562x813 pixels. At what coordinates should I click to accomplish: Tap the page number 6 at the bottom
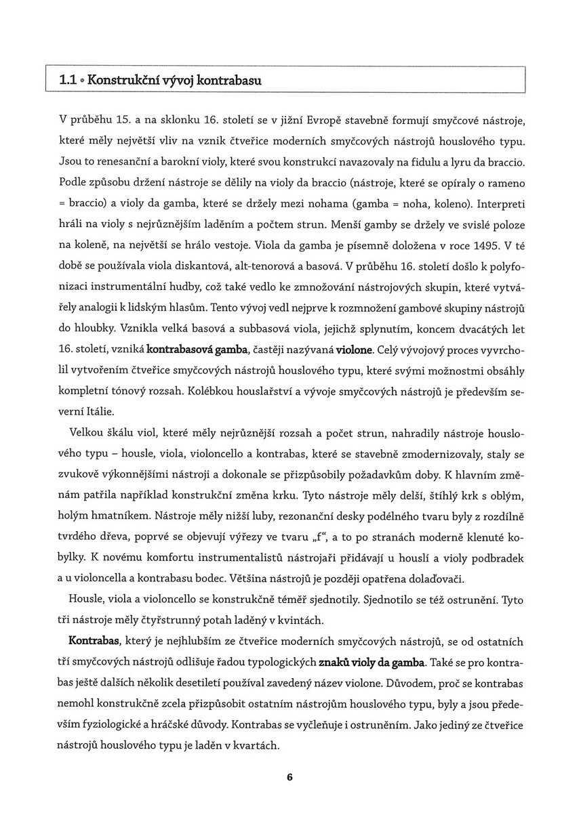point(289,777)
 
